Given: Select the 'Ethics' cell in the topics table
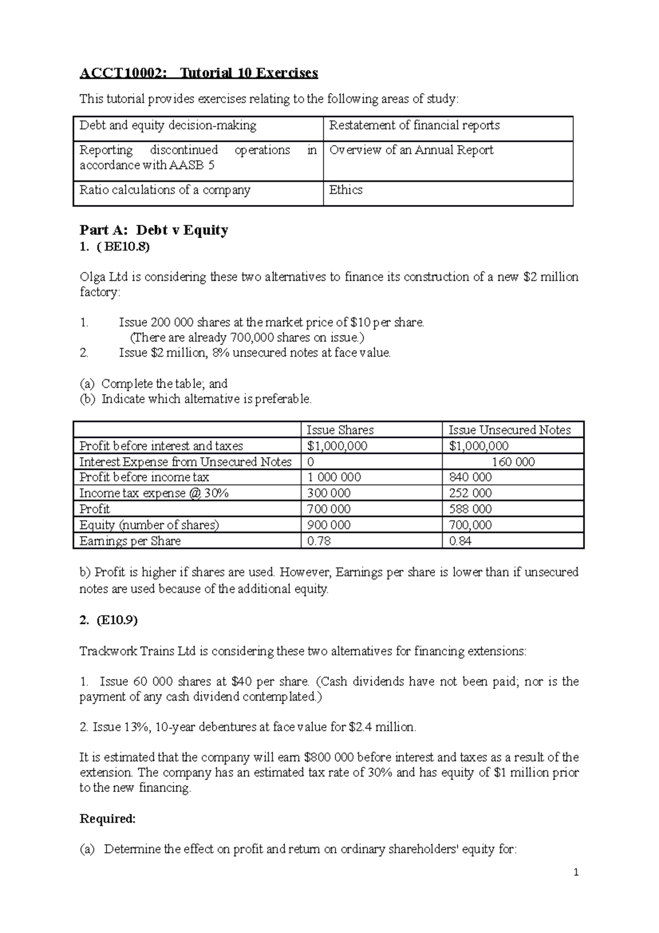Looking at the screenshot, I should click(x=346, y=190).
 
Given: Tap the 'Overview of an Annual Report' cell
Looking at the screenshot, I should click(x=411, y=150).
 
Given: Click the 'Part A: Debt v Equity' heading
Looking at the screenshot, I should click(x=154, y=230).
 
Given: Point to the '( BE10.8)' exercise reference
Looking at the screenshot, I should click(x=122, y=247).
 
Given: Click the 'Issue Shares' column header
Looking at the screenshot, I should click(x=339, y=430).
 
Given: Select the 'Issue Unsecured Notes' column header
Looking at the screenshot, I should click(x=509, y=430).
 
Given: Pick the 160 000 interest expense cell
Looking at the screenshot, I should click(x=513, y=462).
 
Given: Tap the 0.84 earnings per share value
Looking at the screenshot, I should click(x=460, y=541).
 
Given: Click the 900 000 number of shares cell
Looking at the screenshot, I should click(x=328, y=525).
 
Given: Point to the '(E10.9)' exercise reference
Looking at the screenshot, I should click(x=116, y=620).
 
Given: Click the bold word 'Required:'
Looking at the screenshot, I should click(x=108, y=819).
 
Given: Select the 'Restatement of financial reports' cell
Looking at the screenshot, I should click(x=414, y=125).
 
